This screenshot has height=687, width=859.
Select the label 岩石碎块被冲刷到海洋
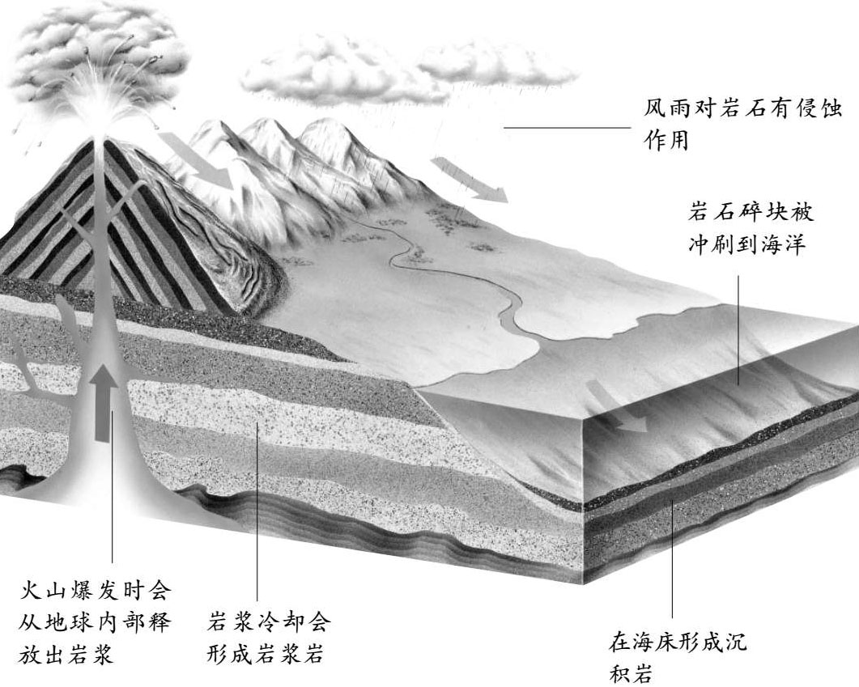pyautogui.click(x=747, y=229)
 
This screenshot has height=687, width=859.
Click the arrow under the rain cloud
pyautogui.click(x=470, y=180)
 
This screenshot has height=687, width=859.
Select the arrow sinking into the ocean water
pyautogui.click(x=618, y=405)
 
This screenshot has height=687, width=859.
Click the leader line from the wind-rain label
pyautogui.click(x=566, y=128)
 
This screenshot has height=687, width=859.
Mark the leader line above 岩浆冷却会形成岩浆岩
pyautogui.click(x=257, y=510)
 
